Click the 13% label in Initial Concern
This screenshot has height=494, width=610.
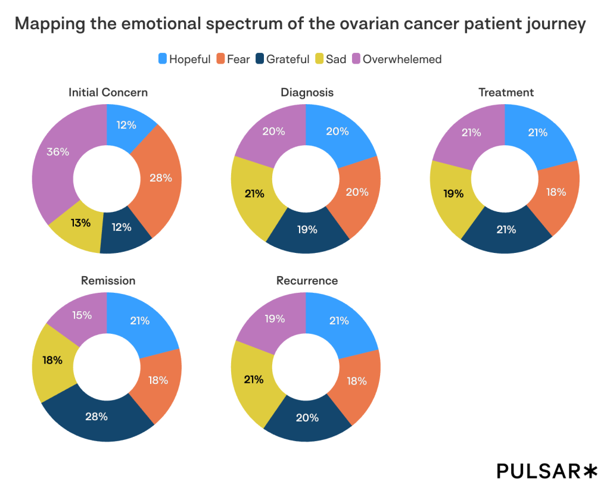(80, 223)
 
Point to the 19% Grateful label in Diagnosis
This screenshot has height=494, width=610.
(307, 229)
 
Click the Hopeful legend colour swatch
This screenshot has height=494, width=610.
(162, 59)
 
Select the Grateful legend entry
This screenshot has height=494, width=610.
(282, 59)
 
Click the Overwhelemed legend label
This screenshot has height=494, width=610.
(402, 59)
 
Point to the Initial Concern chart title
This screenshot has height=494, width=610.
(108, 92)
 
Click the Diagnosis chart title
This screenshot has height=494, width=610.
(307, 92)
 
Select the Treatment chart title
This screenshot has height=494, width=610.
(506, 92)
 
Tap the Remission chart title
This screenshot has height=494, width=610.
(108, 280)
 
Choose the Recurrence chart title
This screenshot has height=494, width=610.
(307, 280)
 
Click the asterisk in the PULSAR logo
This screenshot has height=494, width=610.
(589, 471)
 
